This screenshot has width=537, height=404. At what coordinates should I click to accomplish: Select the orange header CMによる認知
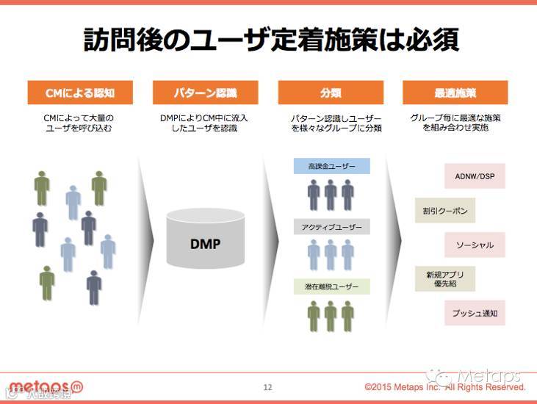tap(80, 93)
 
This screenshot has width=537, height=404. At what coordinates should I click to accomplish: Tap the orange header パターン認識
tap(205, 93)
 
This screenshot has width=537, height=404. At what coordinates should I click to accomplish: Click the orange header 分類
tap(331, 93)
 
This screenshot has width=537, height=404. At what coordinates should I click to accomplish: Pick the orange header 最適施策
tap(455, 93)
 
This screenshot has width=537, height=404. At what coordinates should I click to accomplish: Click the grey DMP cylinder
tap(205, 239)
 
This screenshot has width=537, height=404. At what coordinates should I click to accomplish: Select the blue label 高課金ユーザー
tap(332, 167)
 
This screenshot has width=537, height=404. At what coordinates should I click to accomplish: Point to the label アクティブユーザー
tap(332, 227)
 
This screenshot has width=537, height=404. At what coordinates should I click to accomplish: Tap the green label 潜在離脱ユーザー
tap(332, 287)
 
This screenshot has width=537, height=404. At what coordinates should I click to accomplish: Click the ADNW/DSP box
tap(475, 176)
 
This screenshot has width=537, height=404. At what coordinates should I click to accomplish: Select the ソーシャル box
tap(475, 245)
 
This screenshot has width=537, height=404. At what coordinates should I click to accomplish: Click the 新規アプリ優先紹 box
tap(444, 279)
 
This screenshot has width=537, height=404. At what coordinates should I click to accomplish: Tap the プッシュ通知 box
tap(475, 314)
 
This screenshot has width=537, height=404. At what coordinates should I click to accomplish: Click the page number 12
tap(267, 387)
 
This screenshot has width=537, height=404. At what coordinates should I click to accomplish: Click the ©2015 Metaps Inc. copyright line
tap(445, 387)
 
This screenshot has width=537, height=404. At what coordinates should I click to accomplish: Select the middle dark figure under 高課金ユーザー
tap(331, 195)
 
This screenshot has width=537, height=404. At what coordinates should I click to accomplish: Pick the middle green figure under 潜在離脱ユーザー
tap(331, 315)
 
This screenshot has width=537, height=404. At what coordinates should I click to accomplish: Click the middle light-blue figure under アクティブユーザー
tap(331, 255)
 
